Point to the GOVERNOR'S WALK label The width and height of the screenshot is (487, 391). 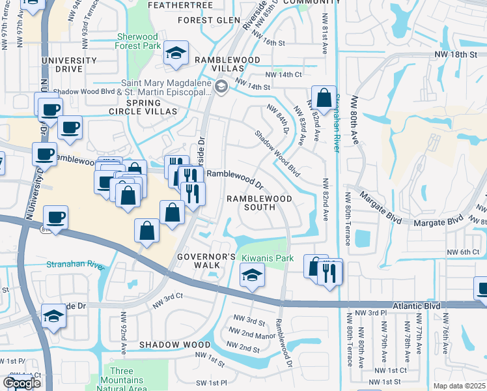click(206, 262)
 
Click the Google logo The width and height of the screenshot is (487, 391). click(21, 383)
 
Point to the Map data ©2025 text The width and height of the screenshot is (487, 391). click(459, 386)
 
